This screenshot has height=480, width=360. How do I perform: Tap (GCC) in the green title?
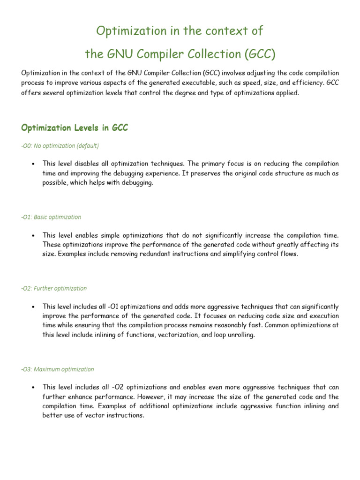tap(259, 54)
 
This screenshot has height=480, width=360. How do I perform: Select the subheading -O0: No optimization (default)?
tap(60, 146)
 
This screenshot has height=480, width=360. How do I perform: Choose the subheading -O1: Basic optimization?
tap(51, 217)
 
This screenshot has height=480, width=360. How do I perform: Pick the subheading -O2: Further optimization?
tap(54, 288)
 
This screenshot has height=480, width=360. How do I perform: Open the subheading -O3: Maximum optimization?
tap(58, 369)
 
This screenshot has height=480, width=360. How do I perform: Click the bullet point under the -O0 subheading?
tap(33, 164)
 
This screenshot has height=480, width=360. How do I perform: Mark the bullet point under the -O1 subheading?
tap(33, 235)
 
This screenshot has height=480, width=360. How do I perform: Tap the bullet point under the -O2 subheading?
tap(33, 307)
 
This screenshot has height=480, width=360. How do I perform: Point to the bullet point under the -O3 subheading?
tap(33, 387)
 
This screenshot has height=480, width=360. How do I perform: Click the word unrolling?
tap(240, 335)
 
